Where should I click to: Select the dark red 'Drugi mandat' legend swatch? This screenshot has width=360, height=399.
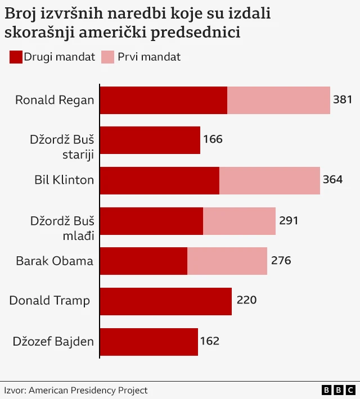point(16,57)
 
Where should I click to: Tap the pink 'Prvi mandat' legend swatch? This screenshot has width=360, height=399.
point(107,57)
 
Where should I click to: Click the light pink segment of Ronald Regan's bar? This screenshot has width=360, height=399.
point(278,101)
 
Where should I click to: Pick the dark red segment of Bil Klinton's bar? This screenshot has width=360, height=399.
point(159,180)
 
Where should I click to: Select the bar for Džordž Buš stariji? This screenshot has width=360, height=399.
point(150,140)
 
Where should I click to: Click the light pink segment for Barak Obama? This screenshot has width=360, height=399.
point(227,261)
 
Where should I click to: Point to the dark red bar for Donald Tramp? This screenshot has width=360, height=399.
point(166,301)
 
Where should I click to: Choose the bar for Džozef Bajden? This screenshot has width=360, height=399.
point(149,342)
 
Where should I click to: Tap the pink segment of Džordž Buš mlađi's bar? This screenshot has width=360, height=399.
point(239,221)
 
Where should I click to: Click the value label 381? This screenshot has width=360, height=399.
point(343,100)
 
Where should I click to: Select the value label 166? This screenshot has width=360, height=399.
point(213,139)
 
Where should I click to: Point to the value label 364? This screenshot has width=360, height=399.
point(332,180)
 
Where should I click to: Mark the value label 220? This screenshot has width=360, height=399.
point(246,300)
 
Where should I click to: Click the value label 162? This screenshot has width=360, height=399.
point(209,341)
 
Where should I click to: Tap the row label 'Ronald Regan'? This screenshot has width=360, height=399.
point(55,101)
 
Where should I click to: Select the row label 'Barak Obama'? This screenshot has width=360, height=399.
point(55,261)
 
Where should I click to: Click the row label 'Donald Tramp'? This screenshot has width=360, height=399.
point(49,301)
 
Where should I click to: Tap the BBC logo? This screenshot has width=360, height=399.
point(339,390)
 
